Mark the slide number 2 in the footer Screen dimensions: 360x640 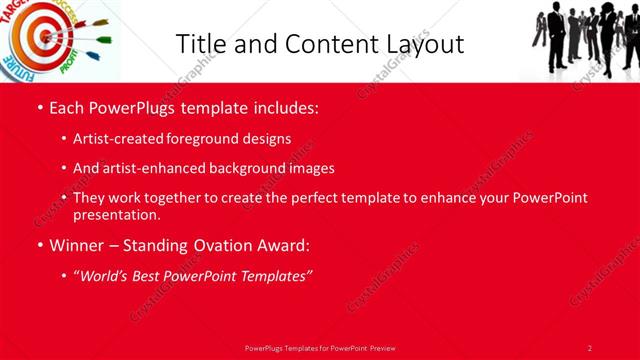(x=590, y=347)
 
